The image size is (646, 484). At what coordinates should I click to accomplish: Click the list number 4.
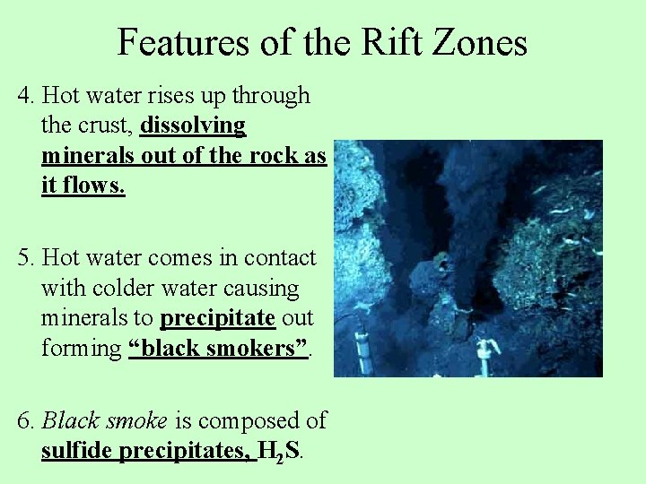click(x=25, y=95)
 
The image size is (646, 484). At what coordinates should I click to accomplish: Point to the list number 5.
click(x=25, y=258)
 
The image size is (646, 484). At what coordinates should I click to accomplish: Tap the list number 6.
click(x=25, y=420)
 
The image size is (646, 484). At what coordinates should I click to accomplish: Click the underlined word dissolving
click(x=193, y=125)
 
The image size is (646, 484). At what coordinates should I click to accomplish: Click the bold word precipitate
click(x=217, y=318)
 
